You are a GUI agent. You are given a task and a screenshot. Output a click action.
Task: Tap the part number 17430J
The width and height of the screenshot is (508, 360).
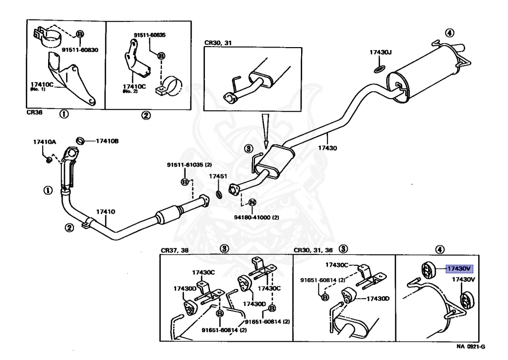(381, 52)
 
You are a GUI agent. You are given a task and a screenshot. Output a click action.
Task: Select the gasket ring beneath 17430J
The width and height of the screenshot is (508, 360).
(379, 67)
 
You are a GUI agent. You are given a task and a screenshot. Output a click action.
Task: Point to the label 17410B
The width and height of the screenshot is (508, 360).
(107, 141)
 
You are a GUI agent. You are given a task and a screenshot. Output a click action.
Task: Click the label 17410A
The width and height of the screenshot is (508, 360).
(45, 142)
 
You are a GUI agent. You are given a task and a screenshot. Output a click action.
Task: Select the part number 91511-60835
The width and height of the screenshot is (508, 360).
(150, 35)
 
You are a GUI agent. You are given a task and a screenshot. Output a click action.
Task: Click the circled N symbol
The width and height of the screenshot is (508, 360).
(252, 202)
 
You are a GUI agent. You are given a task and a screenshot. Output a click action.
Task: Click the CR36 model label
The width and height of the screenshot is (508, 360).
(35, 113)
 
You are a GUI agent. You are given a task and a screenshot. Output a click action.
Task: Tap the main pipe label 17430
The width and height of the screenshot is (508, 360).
(327, 148)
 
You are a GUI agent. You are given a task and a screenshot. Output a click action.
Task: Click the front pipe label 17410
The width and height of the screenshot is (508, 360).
(105, 212)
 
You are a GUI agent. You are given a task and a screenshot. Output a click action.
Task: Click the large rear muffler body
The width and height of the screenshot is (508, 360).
(427, 72)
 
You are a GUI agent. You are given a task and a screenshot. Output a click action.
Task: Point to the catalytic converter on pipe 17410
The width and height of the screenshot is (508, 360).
(170, 216)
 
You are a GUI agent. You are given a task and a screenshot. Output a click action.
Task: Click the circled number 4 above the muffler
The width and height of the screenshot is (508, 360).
(448, 33)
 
